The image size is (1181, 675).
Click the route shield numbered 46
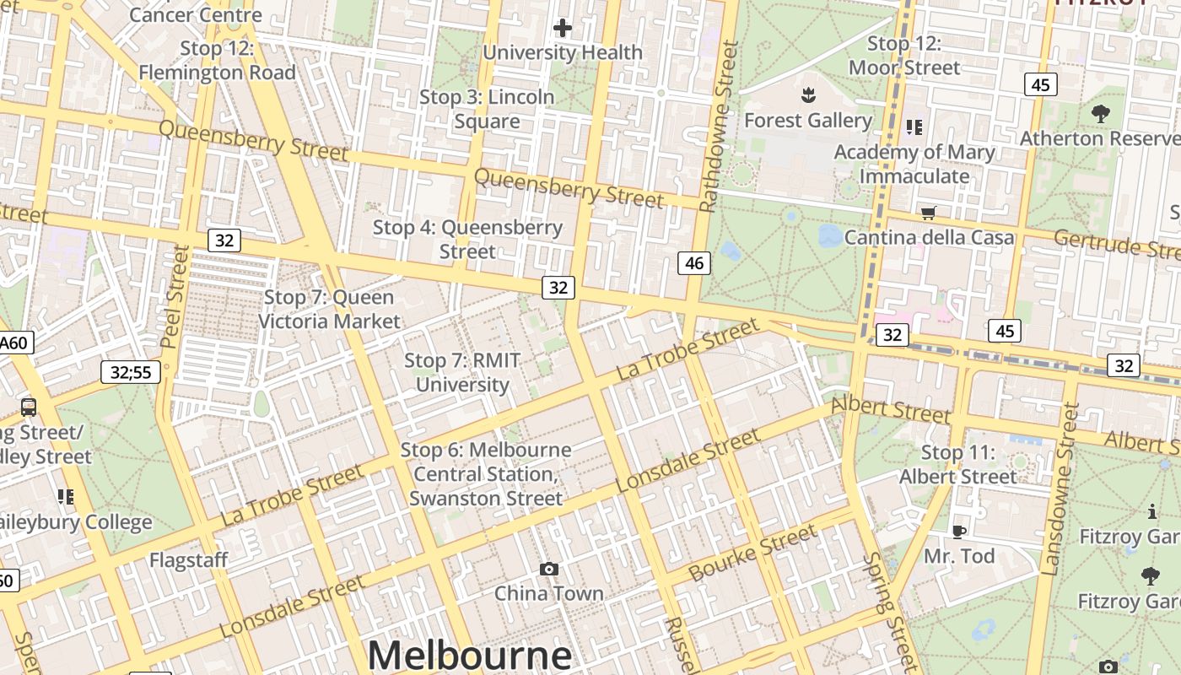coord(694,263)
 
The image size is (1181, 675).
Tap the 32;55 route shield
coord(131,371)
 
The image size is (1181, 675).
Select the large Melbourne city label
coord(470,655)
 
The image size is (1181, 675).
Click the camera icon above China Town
coord(549,570)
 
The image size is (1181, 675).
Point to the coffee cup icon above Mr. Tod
coord(958,532)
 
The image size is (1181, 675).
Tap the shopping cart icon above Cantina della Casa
coord(929,213)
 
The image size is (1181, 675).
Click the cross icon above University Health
coord(563,29)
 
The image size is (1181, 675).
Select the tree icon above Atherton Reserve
coord(1100,113)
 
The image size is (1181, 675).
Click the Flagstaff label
coord(189,560)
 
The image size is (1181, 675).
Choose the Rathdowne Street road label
coord(720,127)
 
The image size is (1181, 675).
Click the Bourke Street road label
coord(752,553)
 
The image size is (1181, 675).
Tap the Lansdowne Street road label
coord(1061,489)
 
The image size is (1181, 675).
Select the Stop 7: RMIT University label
coord(462,373)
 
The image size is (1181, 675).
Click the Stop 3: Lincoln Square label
coord(488,109)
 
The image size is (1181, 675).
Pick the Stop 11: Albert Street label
coord(958,465)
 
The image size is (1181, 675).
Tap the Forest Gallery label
coord(807,121)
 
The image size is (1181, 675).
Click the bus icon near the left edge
coord(29,407)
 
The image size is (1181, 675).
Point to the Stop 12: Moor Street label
coord(904,56)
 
